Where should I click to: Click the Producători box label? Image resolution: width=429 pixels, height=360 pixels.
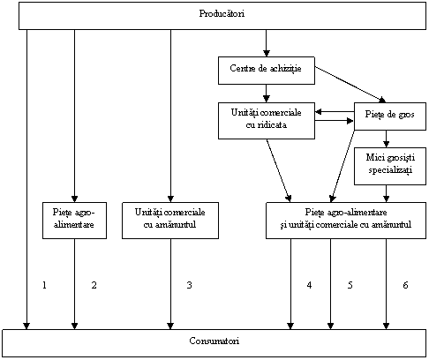(x=222, y=13)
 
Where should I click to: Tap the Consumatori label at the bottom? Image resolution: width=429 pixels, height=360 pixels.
(x=214, y=341)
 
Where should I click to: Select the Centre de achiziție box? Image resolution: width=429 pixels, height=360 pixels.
(x=267, y=71)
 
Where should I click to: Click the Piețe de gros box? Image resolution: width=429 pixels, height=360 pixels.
(x=390, y=116)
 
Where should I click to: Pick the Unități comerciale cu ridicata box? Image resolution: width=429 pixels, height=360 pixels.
(x=267, y=121)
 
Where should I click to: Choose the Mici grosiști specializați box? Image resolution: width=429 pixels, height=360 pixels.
(x=390, y=166)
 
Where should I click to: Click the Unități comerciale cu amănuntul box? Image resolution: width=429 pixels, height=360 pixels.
(x=170, y=221)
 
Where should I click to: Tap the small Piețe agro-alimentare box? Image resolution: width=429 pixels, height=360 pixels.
(x=74, y=221)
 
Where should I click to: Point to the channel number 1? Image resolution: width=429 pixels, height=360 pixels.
(x=44, y=285)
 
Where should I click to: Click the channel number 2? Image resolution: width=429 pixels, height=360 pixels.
(x=94, y=285)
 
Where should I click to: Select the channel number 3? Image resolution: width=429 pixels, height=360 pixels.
(x=189, y=285)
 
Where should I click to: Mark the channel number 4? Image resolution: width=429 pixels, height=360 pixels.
(x=309, y=285)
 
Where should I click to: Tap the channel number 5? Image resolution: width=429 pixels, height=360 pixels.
(x=350, y=285)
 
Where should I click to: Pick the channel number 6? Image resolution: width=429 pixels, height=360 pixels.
(x=405, y=285)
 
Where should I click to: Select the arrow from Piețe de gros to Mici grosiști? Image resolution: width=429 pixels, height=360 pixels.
(x=387, y=139)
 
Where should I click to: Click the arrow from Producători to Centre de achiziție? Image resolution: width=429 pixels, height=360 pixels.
(x=267, y=43)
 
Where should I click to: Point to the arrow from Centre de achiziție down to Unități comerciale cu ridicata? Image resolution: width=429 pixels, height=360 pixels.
(x=267, y=94)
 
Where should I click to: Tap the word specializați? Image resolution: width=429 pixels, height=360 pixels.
(x=390, y=170)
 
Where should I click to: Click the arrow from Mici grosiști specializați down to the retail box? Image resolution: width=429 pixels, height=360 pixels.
(x=387, y=193)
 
